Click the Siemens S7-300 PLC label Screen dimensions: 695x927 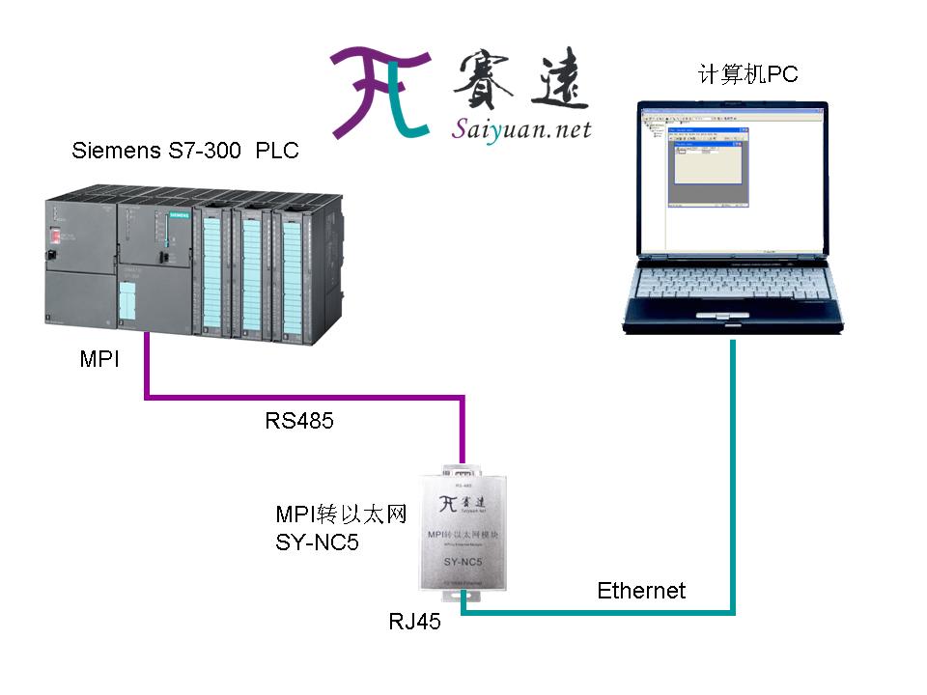point(185,152)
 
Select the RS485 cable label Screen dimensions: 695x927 point(299,420)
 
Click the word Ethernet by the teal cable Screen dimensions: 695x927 point(641,590)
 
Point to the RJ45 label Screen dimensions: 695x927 point(414,623)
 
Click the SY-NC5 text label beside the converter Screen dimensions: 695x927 point(318,542)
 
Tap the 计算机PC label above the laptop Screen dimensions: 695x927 point(748,74)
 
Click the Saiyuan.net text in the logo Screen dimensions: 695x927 point(521,129)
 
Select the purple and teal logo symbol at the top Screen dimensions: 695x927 point(379,92)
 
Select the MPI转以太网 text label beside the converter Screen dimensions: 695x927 point(335,514)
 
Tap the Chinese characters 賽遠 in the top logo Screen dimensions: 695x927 point(520,79)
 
